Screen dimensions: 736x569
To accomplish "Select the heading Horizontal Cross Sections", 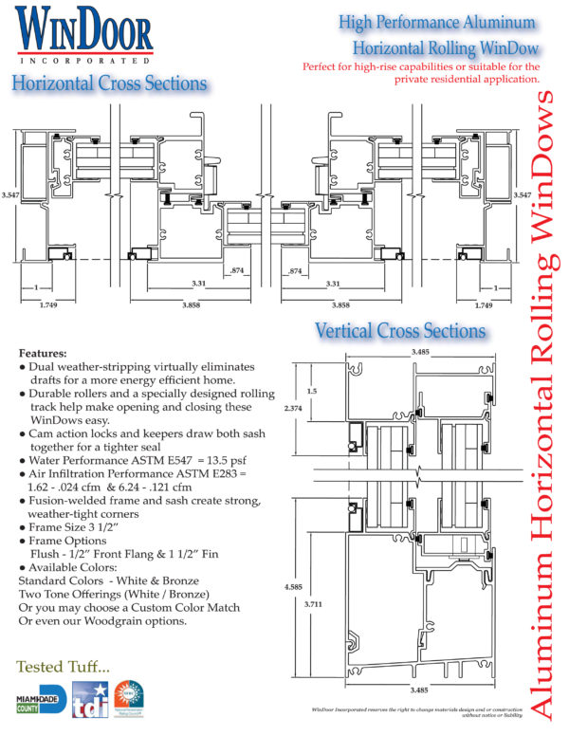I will coord(109,83).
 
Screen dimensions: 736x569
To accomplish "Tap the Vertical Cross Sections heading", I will coord(400,331).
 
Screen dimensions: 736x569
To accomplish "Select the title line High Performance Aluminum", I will coord(439,23).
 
